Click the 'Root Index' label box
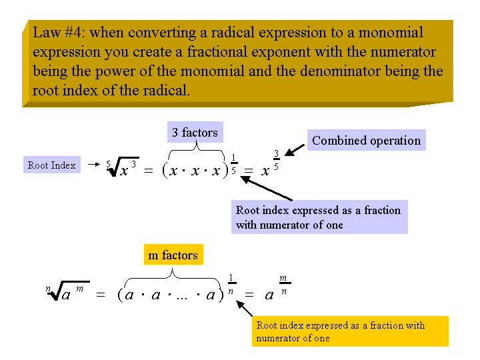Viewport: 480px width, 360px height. (52, 165)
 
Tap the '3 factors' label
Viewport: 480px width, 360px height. (195, 132)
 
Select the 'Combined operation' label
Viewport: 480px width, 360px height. (367, 140)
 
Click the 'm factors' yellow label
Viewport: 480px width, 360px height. (173, 255)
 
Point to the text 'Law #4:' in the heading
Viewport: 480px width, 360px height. (58, 33)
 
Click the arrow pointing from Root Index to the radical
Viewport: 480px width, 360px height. (94, 165)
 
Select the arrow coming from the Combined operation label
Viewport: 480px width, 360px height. (295, 150)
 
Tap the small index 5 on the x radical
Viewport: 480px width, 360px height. (109, 165)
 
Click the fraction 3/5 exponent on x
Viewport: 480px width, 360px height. (277, 160)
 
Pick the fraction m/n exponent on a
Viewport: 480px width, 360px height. (284, 285)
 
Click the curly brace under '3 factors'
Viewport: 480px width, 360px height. (196, 147)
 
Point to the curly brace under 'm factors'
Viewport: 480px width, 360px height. (173, 275)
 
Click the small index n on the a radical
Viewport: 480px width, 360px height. (48, 289)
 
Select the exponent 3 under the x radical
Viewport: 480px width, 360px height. (134, 165)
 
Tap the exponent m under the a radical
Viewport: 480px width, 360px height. (79, 289)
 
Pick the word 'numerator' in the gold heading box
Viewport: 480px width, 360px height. (403, 52)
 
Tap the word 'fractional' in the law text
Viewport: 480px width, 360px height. (217, 51)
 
